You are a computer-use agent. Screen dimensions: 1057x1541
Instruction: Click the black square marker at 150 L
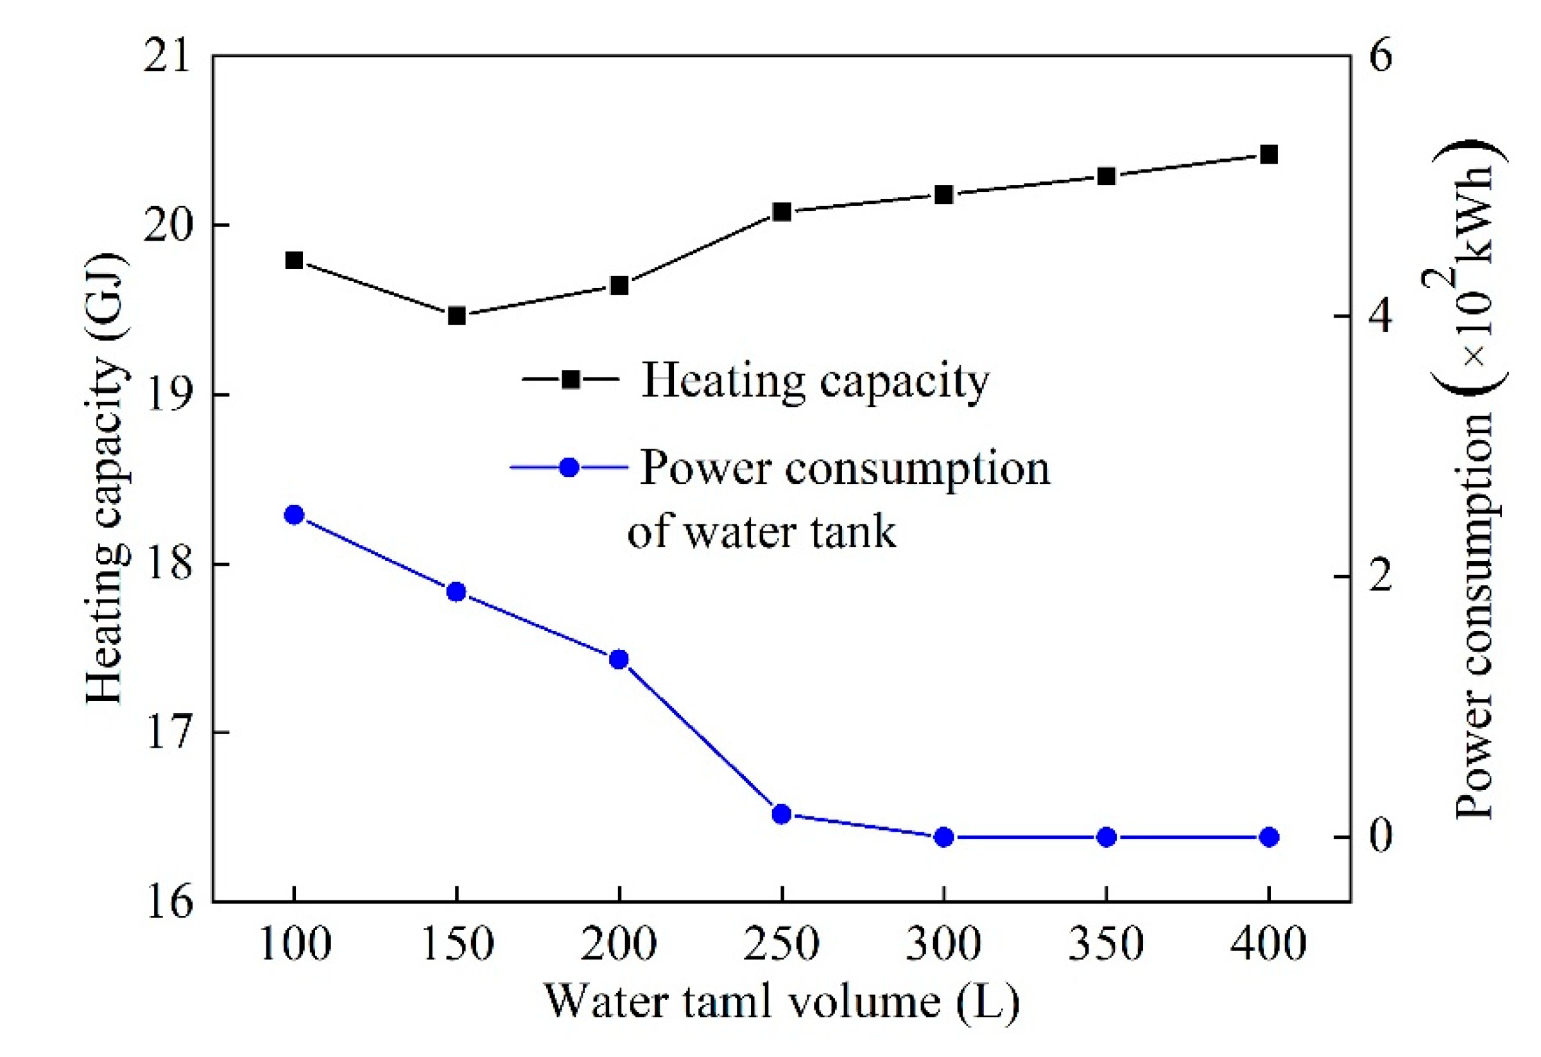click(456, 316)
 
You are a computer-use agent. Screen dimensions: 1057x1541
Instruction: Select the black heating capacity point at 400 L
click(1268, 155)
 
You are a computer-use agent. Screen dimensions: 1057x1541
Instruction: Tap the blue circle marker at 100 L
click(294, 515)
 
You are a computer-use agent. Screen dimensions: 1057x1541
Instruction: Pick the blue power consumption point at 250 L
click(782, 814)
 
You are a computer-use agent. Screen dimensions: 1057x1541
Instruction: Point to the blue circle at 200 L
click(619, 659)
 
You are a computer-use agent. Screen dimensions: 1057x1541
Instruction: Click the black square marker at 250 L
click(782, 212)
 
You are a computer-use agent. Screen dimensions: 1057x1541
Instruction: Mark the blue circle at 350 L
click(1106, 838)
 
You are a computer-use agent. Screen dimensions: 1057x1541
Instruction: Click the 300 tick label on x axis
click(943, 943)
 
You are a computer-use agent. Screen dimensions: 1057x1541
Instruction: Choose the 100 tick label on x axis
click(295, 943)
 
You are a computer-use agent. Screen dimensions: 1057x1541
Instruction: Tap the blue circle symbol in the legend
click(569, 467)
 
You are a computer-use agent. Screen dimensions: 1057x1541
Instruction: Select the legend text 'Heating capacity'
click(815, 381)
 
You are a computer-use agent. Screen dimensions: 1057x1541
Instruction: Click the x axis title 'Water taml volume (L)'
click(781, 1001)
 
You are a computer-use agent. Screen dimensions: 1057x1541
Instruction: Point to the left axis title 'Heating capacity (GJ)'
click(106, 477)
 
